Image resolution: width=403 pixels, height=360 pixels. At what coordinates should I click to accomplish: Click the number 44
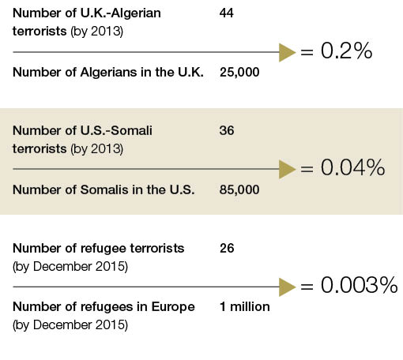(x=227, y=13)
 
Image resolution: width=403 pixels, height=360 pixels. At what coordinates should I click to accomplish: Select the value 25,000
(x=239, y=72)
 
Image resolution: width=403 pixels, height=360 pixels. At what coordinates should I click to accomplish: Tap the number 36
(x=227, y=130)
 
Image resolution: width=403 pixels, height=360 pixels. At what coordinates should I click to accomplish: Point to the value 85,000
(x=239, y=189)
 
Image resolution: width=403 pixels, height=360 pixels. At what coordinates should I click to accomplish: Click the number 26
(x=227, y=248)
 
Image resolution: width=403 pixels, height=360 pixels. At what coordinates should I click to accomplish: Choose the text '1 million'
(x=245, y=306)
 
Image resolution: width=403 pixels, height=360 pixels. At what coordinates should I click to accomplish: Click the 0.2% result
(x=346, y=51)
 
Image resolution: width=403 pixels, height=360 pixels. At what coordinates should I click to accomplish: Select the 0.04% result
(x=352, y=167)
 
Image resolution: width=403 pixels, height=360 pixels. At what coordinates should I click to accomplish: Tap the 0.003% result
(x=359, y=285)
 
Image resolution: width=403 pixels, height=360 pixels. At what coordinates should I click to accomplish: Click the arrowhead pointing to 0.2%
(x=287, y=52)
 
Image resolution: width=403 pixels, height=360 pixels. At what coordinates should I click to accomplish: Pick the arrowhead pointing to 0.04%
(x=287, y=169)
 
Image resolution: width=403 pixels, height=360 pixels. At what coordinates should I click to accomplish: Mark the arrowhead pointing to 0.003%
(x=287, y=287)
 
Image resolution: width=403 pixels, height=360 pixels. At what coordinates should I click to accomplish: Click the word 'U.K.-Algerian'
(x=120, y=13)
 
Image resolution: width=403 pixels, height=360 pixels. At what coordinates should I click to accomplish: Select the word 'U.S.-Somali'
(x=116, y=130)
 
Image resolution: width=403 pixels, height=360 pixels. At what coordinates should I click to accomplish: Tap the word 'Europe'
(x=173, y=307)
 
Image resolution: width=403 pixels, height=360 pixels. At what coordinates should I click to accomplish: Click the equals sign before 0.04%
(x=307, y=170)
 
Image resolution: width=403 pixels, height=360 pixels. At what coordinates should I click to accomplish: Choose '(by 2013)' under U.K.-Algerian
(x=96, y=32)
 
